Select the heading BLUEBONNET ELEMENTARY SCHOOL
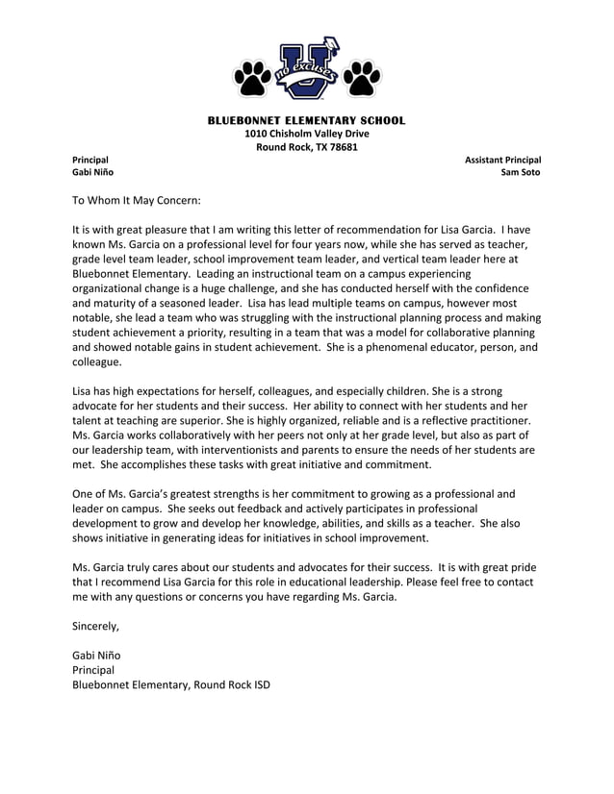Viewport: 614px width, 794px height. [307, 120]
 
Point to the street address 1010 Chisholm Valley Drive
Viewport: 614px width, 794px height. [306, 134]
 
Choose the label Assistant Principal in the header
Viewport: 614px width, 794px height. [502, 160]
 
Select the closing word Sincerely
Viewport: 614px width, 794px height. [96, 626]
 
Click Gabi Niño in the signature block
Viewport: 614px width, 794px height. [96, 655]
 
